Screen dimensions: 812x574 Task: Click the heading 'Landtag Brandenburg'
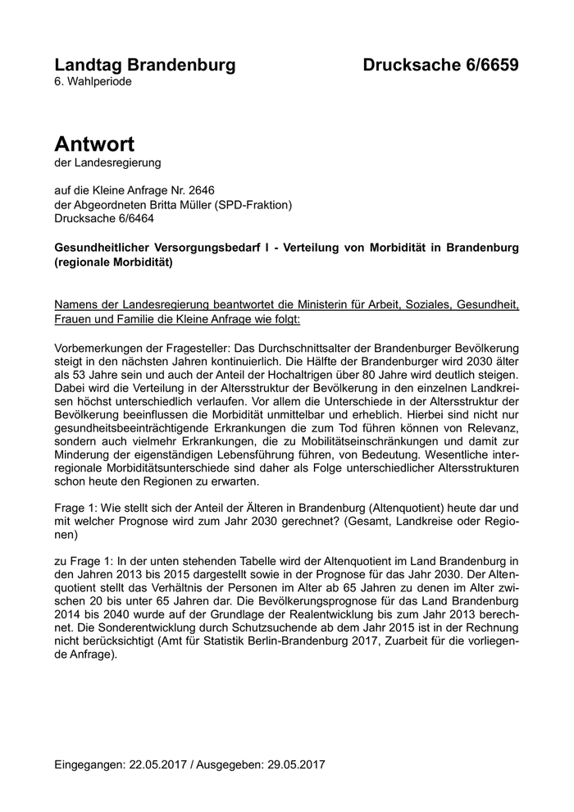click(144, 65)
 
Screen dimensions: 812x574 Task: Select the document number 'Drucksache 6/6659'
click(441, 65)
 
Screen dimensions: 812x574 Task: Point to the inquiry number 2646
click(201, 190)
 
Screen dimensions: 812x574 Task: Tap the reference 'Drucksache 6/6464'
click(103, 218)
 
